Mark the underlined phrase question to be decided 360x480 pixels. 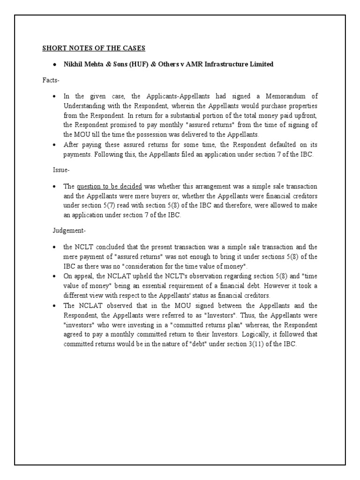109,186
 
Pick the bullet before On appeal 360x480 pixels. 54,276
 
